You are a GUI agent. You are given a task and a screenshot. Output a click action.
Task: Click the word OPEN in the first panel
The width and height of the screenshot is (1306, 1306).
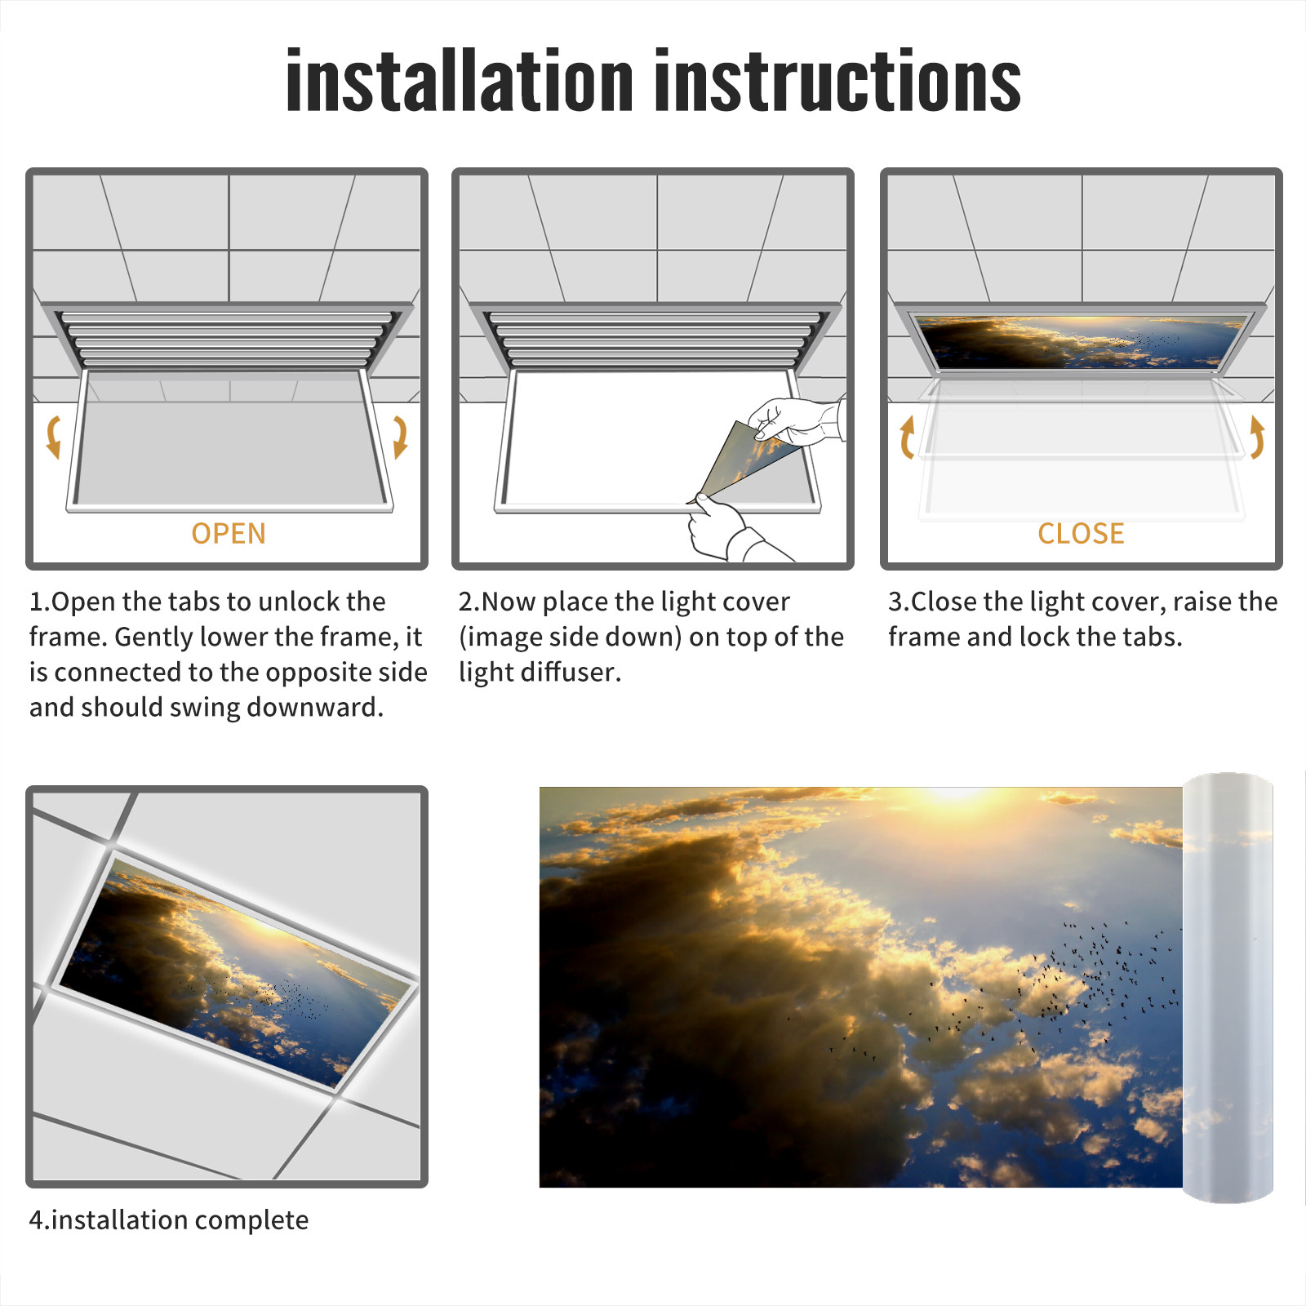[229, 533]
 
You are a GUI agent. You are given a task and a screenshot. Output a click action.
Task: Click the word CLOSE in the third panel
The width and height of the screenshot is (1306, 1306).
[1081, 533]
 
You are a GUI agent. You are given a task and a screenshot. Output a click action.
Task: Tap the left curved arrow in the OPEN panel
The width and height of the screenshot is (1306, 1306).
[54, 437]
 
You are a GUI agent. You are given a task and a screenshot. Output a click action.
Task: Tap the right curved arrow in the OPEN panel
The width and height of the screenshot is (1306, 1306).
[400, 437]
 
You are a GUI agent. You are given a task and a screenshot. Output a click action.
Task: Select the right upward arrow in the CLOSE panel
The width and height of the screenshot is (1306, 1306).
[1258, 437]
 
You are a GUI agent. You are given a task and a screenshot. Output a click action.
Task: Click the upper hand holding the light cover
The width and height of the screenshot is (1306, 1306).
[796, 420]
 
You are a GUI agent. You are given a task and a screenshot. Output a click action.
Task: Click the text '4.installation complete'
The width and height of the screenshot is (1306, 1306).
[169, 1219]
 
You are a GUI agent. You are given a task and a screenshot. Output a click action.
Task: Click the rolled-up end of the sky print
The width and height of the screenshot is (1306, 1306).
[1228, 988]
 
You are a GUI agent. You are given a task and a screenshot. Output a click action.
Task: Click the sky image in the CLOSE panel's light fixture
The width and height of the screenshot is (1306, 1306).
[1081, 341]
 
